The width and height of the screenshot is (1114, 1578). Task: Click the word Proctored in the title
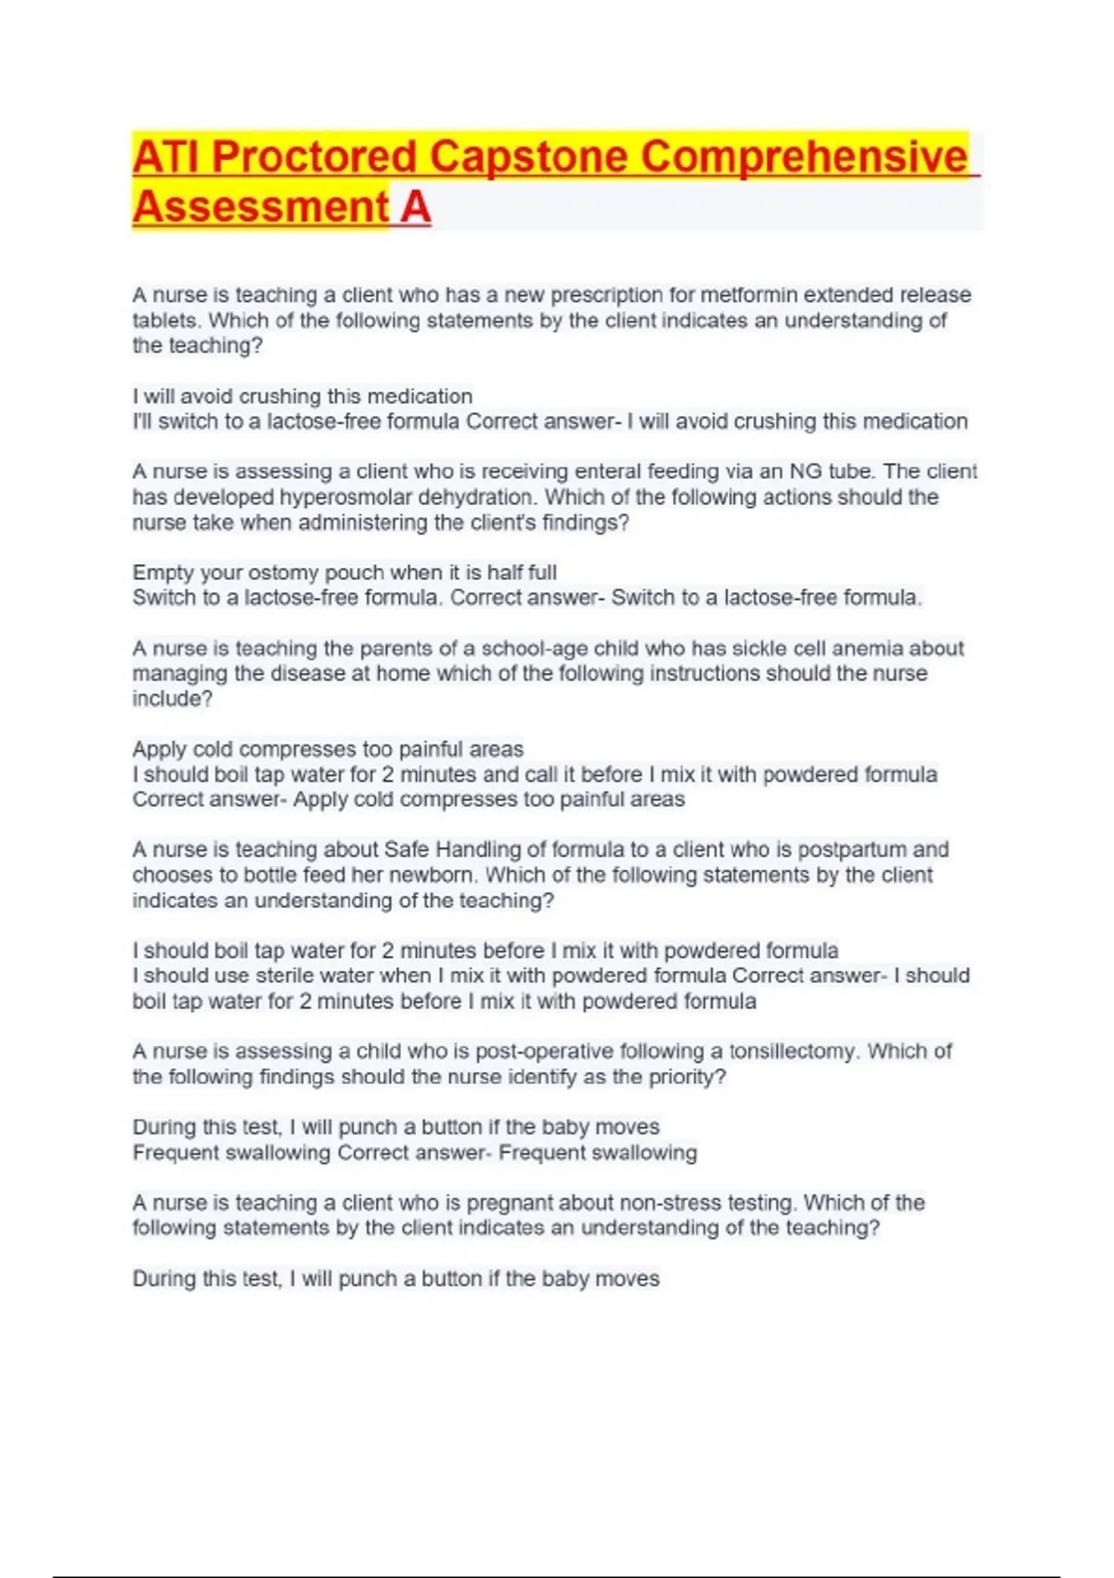314,157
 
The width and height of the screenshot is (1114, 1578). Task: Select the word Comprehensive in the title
804,157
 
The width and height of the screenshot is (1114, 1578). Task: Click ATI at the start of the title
166,157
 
